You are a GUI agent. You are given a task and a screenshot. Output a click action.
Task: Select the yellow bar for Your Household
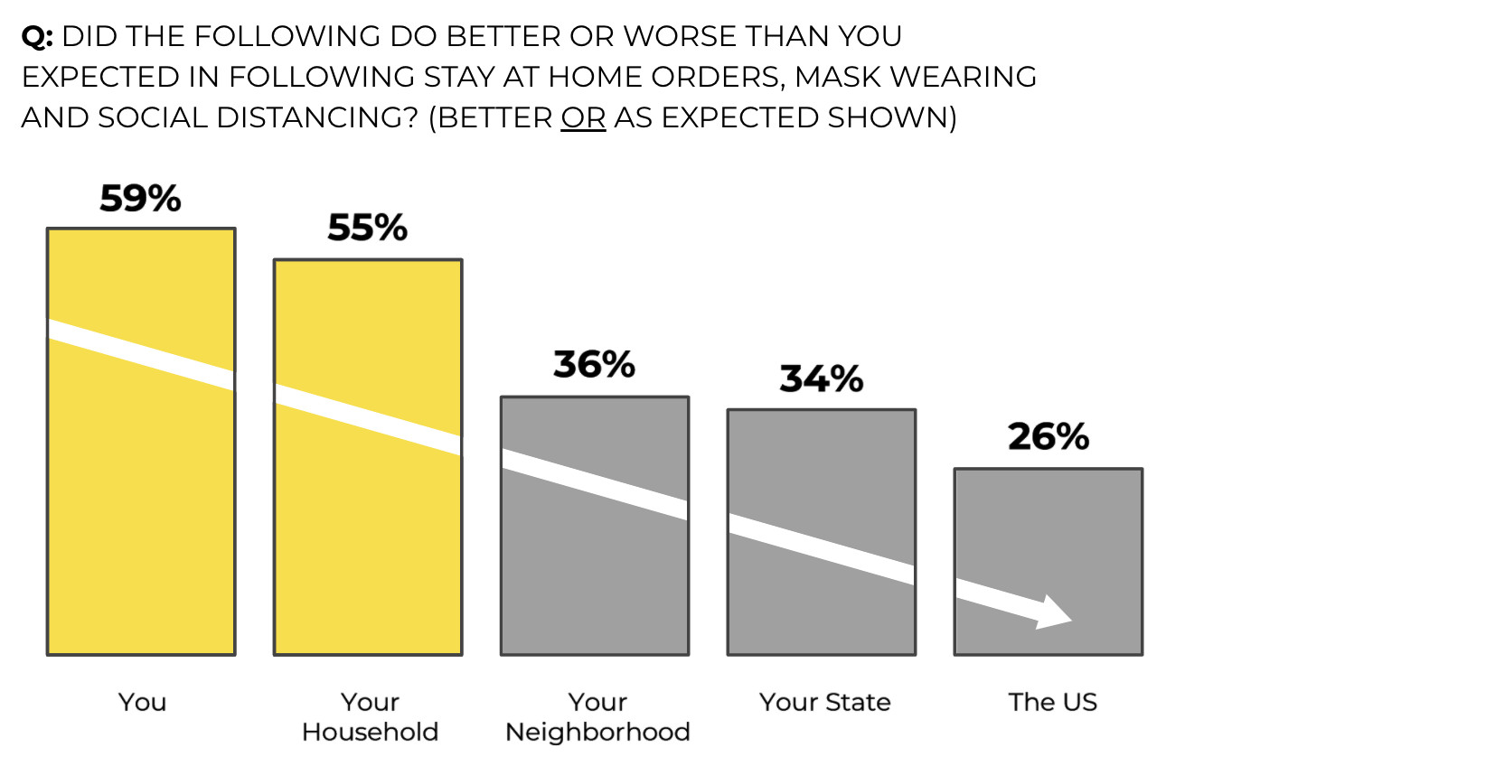tap(368, 524)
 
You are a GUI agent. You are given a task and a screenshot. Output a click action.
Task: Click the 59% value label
tap(140, 199)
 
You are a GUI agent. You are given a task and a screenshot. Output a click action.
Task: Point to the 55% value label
tap(367, 228)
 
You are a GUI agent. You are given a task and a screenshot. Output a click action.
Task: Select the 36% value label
tap(594, 365)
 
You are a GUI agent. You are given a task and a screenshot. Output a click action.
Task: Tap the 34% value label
tap(821, 378)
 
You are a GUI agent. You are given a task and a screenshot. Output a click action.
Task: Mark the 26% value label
tap(1048, 437)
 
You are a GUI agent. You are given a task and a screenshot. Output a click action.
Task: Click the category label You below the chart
tap(142, 702)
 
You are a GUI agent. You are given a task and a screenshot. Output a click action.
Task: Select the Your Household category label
tap(370, 716)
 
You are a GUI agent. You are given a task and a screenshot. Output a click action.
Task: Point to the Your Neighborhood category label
tap(597, 716)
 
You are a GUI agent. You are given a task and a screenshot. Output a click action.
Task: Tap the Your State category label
tap(824, 702)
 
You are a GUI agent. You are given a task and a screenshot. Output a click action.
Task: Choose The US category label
tap(1052, 702)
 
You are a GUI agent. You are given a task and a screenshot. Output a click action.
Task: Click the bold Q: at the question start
tap(37, 37)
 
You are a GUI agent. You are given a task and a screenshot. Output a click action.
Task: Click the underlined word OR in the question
tap(583, 118)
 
